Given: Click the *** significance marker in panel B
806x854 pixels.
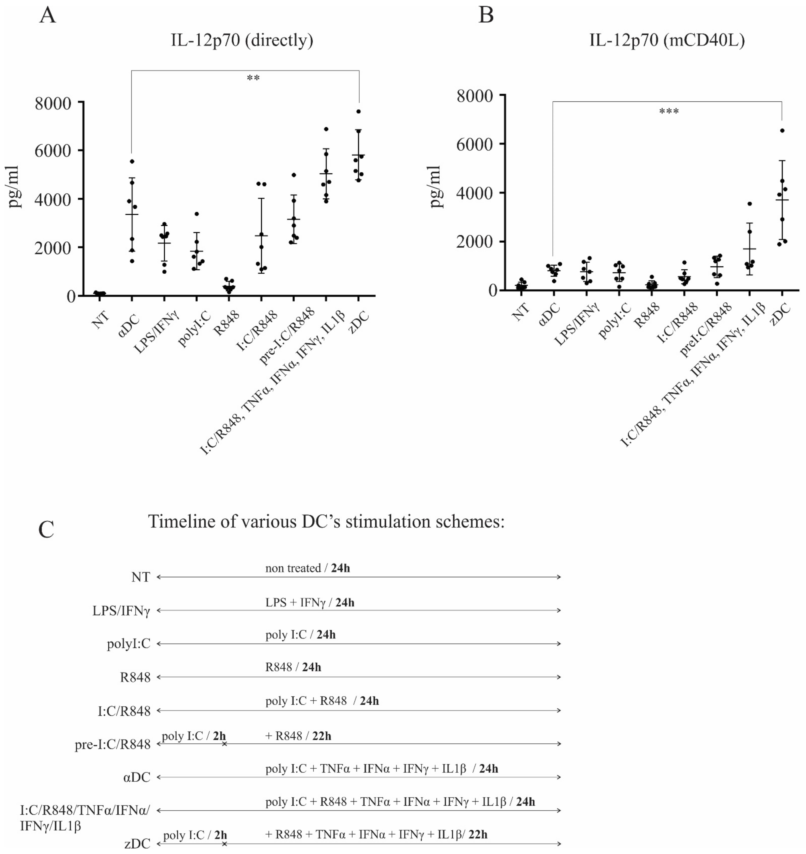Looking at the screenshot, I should (x=669, y=112).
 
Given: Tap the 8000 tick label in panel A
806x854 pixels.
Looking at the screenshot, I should (x=53, y=103).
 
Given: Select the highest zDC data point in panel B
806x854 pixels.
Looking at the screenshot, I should (x=782, y=131).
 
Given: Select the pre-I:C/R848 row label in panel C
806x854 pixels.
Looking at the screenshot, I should (x=113, y=744).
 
